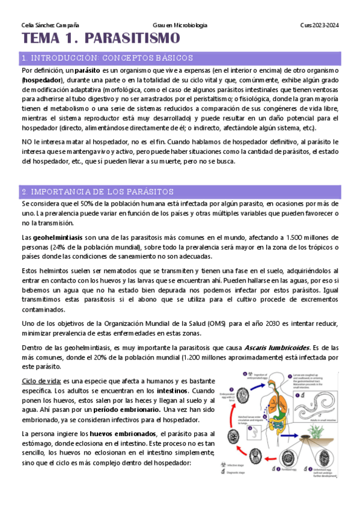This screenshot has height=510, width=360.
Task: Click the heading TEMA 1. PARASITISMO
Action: pyautogui.click(x=100, y=39)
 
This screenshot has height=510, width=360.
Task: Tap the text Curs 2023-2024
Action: pyautogui.click(x=319, y=25)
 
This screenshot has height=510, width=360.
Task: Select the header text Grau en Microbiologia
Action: pyautogui.click(x=180, y=25)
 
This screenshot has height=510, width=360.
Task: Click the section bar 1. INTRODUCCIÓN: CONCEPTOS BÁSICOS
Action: pyautogui.click(x=107, y=58)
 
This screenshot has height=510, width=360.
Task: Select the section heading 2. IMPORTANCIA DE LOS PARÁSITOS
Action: pyautogui.click(x=97, y=192)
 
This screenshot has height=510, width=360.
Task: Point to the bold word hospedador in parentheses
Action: pyautogui.click(x=43, y=79)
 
